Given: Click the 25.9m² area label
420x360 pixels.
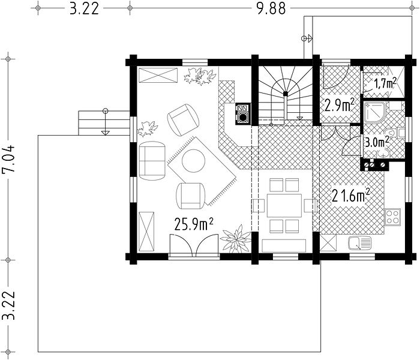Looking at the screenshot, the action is point(194,224).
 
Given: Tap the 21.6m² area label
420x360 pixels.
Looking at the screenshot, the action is point(351,195).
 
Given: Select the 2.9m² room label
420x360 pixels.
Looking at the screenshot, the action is point(340,105).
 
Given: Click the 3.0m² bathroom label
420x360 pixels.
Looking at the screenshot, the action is point(377,142).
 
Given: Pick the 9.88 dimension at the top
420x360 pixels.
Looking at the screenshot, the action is point(271,9).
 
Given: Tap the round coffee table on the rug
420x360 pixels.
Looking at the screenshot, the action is point(193,161).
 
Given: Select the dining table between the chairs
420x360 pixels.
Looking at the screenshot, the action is point(284,206).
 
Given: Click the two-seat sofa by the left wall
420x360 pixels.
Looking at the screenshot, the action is point(152,161).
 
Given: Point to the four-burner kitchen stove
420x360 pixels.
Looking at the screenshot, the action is point(392,217).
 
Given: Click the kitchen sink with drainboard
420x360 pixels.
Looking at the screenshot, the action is point(360,243).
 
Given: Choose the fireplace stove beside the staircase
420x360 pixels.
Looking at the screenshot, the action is point(243,114).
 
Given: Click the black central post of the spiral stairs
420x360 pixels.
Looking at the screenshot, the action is point(286,94).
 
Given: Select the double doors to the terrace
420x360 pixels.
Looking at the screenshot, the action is point(193,245).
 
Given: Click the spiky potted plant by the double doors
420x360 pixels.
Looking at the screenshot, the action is point(236,239).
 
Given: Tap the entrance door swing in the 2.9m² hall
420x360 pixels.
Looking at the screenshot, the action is point(335,76).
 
